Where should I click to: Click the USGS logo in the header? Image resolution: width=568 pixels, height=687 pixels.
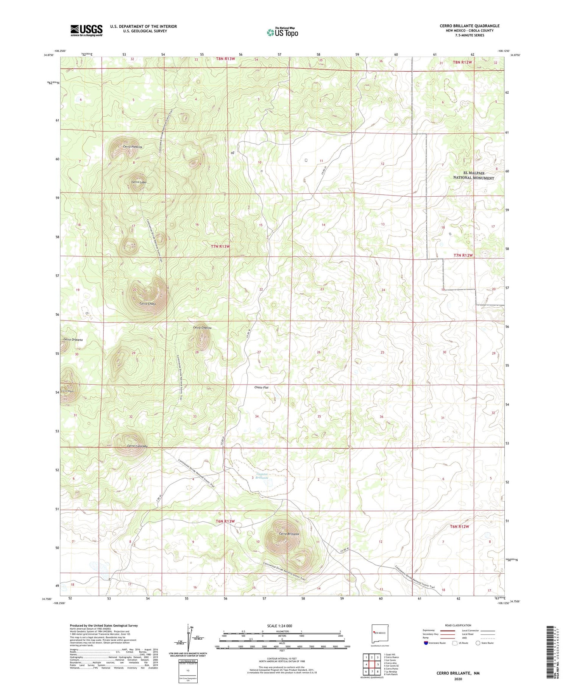(86, 30)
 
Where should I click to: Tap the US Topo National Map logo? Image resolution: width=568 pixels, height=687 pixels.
(282, 32)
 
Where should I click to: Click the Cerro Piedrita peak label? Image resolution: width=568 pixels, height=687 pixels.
(133, 147)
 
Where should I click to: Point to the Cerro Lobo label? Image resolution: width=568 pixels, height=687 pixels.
(139, 182)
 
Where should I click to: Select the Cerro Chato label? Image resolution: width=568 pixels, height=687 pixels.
(148, 304)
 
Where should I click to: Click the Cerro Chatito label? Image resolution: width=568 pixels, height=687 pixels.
(202, 328)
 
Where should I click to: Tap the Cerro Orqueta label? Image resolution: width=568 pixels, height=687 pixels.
(73, 340)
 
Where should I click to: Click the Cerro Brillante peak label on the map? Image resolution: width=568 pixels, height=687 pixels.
(289, 534)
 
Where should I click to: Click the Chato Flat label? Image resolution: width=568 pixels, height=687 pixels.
(261, 388)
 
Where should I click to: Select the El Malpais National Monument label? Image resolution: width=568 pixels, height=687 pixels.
(474, 175)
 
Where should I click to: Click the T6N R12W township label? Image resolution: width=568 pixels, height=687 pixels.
(459, 527)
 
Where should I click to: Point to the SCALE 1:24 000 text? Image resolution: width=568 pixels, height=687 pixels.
(279, 626)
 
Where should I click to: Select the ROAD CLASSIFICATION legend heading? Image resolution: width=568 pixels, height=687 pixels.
(458, 625)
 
